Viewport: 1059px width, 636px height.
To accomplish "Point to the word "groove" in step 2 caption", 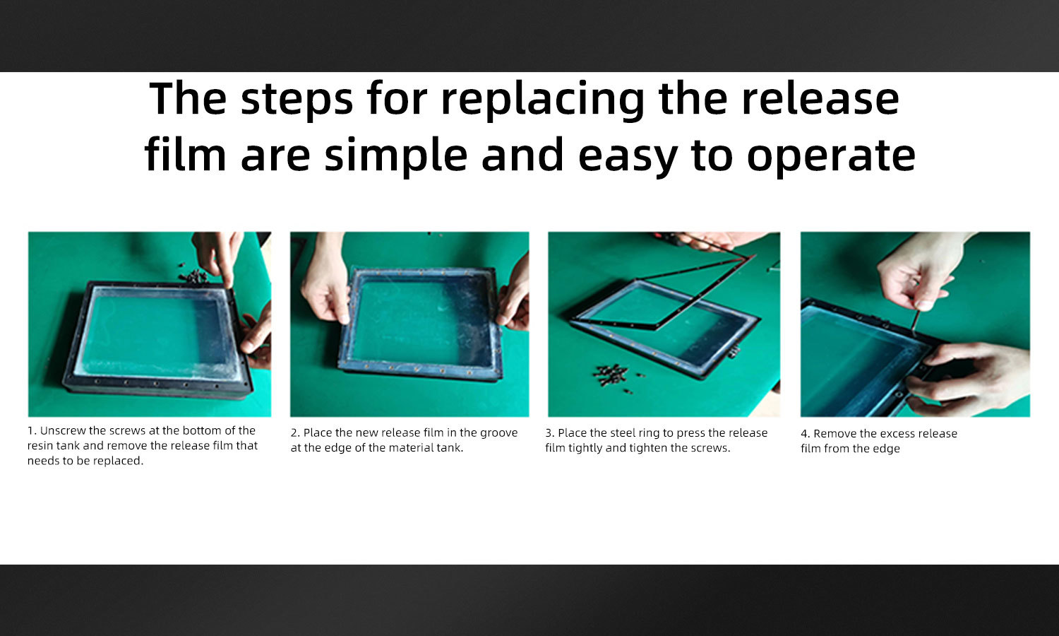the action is [498, 433].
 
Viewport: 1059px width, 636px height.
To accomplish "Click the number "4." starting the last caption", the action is [805, 434].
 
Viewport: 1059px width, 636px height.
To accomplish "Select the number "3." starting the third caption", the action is [550, 433].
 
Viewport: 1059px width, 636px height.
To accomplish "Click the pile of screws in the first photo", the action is [193, 276].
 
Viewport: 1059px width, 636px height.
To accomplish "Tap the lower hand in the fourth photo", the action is [969, 379].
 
